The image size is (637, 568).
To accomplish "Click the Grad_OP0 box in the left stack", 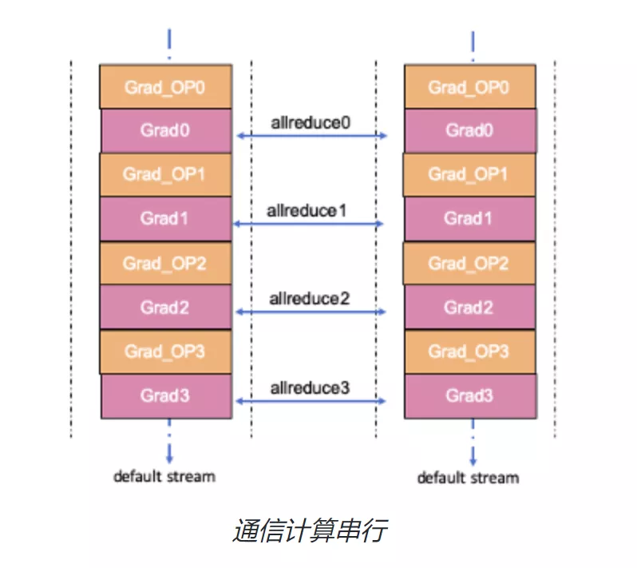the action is pos(166,86).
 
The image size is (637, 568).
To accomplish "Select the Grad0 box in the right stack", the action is pos(470,130).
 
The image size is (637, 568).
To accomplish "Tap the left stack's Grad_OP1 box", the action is pos(166,175).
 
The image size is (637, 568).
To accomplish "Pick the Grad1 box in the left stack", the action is pos(166,219).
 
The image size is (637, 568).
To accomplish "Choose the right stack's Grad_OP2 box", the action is pos(469,263).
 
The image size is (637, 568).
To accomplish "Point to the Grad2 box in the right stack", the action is pos(469,307).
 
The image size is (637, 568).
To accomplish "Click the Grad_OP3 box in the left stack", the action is pos(166,352).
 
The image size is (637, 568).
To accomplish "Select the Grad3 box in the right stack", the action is pos(470,396).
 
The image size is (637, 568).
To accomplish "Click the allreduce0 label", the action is pos(311,122).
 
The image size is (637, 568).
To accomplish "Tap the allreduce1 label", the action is pos(307,211).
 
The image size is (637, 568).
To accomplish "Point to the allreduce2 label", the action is pos(309,299).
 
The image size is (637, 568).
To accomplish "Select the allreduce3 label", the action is pos(310,388).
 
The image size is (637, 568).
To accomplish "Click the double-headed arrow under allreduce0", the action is pos(311,135).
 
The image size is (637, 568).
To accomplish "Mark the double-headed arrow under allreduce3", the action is pos(311,401).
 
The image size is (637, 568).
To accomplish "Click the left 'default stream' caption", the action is pos(164,476).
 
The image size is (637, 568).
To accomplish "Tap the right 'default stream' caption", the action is pos(468,478).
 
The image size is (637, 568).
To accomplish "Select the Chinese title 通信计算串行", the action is pos(310,530).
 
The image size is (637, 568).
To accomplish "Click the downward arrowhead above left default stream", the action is pos(169,459).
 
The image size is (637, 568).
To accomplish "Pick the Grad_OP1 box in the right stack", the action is pos(469,175).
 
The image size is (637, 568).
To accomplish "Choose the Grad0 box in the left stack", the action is pos(167,130).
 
